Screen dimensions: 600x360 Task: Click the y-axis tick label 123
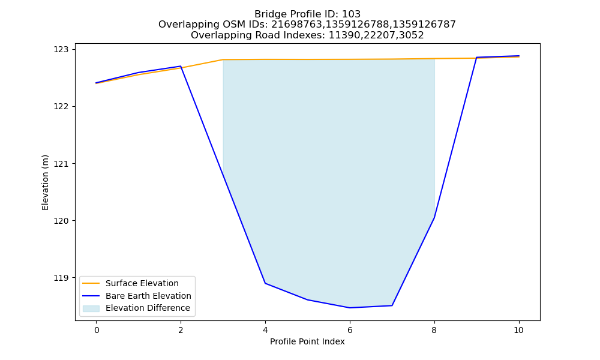tap(61, 49)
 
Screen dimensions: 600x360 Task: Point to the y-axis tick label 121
tap(61, 164)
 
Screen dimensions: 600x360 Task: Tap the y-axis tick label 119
tap(61, 278)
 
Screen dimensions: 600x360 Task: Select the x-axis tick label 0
tap(97, 330)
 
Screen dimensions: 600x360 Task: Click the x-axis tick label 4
tap(265, 330)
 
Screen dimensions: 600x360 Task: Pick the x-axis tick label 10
tap(518, 330)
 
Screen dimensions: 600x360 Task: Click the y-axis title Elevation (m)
tap(45, 182)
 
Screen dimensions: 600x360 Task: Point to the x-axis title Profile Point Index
tap(307, 341)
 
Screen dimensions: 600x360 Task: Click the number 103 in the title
tap(351, 14)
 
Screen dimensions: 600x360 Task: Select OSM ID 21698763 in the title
tap(297, 25)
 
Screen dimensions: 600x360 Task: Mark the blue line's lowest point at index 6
tap(350, 308)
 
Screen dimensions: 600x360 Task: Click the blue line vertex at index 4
tap(265, 283)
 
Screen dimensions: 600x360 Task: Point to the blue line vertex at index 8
tap(434, 218)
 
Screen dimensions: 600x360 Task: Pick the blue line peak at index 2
tap(181, 66)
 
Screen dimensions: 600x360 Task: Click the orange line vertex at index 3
tap(223, 59)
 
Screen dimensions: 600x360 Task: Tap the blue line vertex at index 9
tap(476, 58)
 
